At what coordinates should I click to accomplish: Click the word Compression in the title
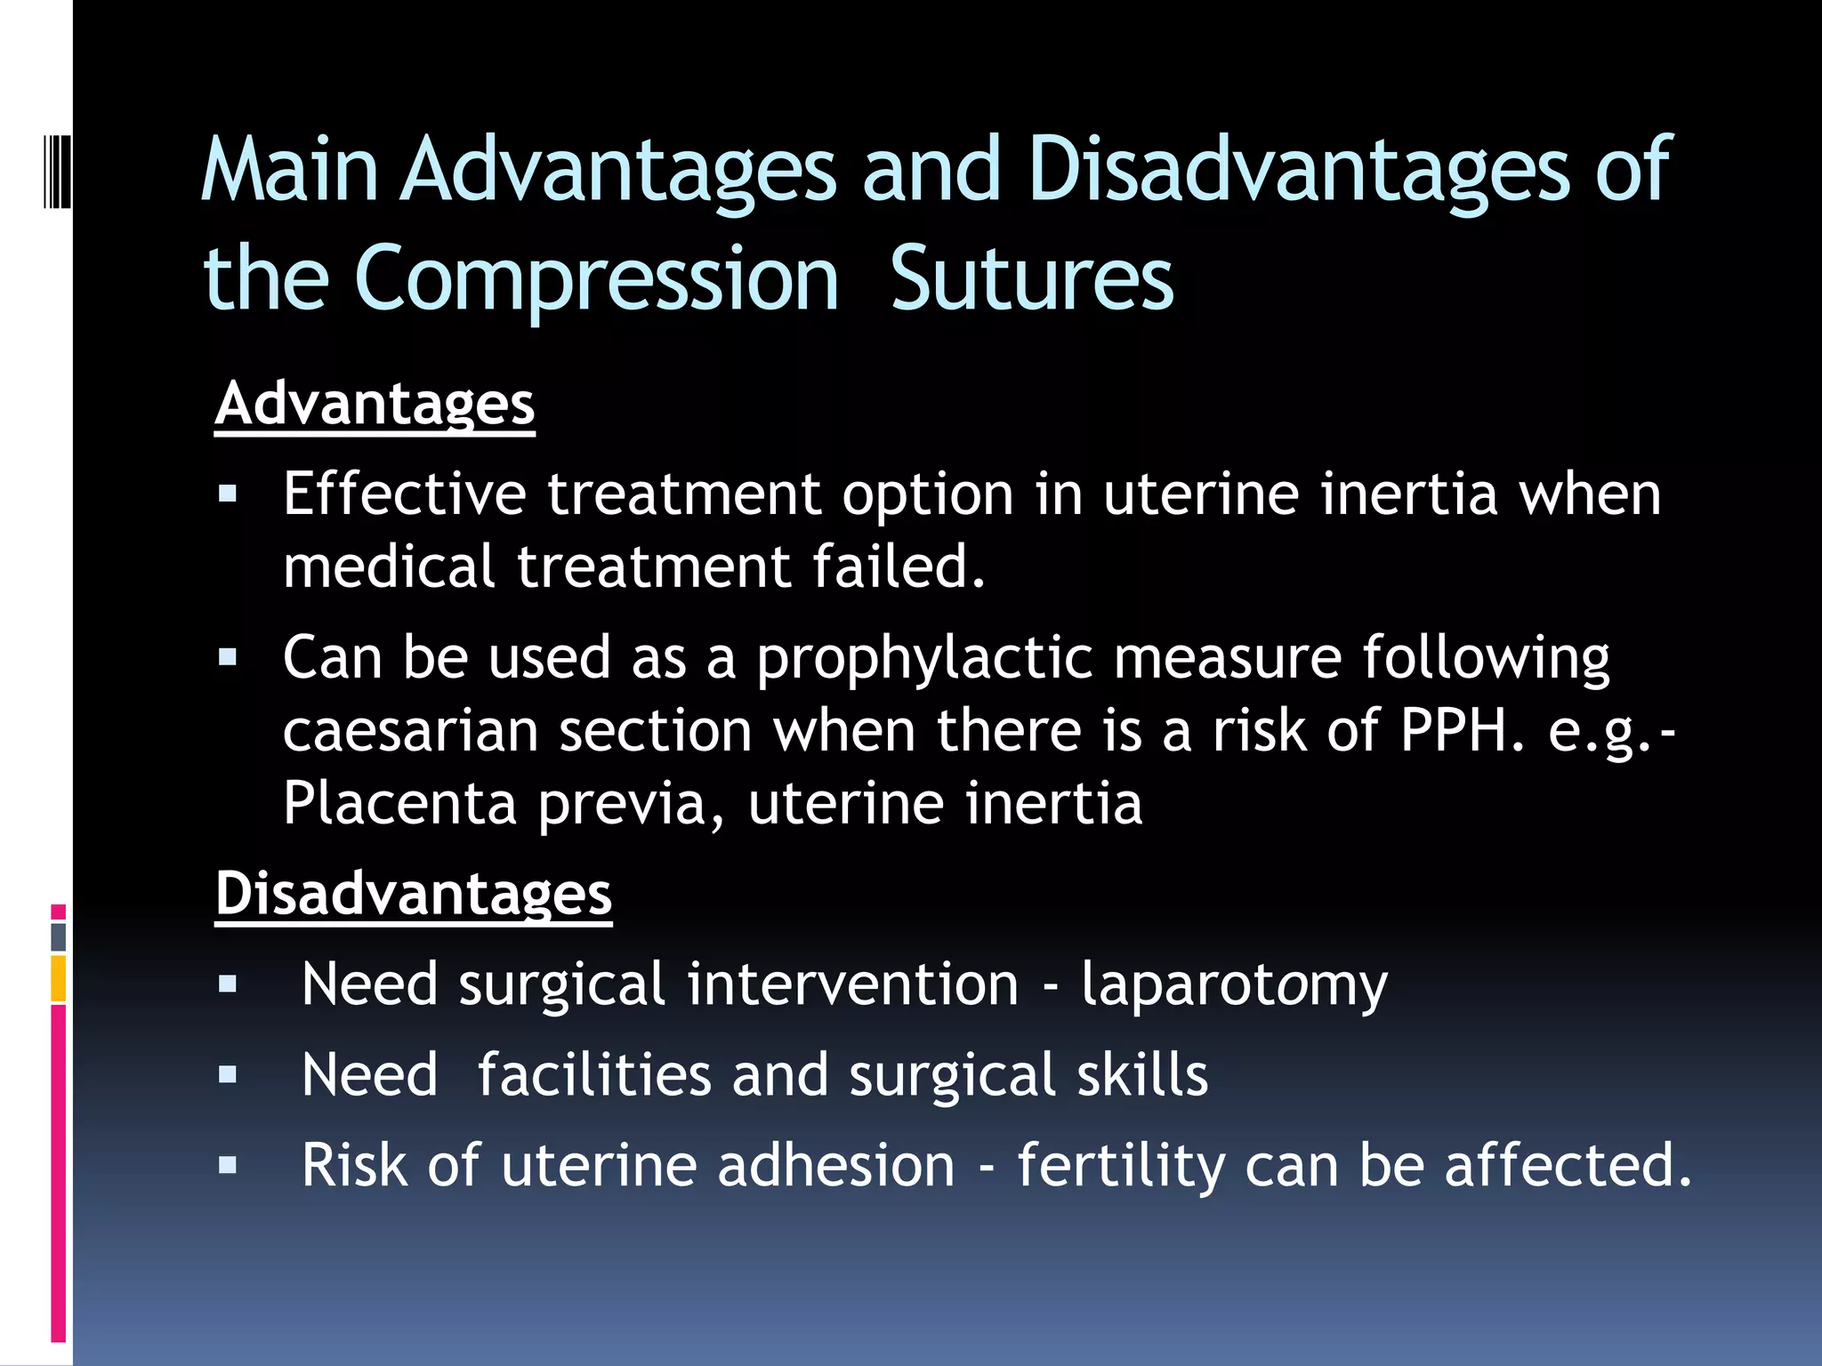click(x=596, y=280)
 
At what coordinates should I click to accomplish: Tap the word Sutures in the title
click(x=1031, y=280)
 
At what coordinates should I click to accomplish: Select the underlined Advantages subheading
click(x=375, y=405)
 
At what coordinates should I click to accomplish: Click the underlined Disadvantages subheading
click(x=414, y=894)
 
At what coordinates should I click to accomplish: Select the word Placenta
click(x=399, y=804)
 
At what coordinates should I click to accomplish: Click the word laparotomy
click(x=1233, y=985)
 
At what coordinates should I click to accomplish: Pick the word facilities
click(x=593, y=1075)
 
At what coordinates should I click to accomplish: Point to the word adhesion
click(x=835, y=1166)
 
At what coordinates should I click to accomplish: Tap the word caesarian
click(x=410, y=731)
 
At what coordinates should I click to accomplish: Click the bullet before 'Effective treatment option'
click(x=228, y=494)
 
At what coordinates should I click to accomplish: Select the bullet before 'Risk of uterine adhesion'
click(x=228, y=1165)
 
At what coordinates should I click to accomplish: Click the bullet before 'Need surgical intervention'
click(x=228, y=984)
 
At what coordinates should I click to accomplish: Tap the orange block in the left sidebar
click(x=58, y=978)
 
